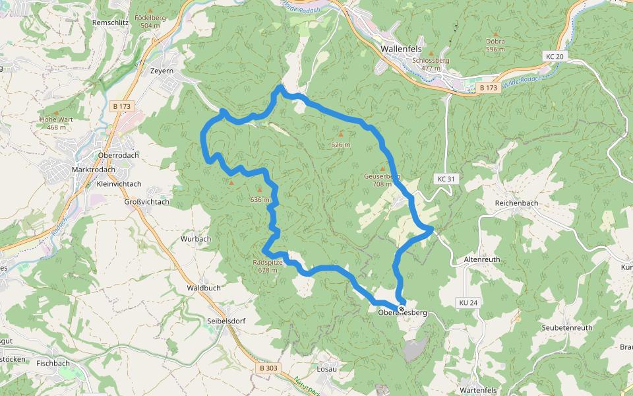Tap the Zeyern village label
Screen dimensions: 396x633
click(162, 70)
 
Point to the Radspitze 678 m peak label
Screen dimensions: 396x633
click(268, 266)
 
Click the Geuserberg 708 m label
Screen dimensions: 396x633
click(382, 180)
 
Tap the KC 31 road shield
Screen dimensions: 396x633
click(446, 179)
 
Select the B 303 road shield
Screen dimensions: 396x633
click(269, 368)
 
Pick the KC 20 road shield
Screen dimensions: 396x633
click(555, 57)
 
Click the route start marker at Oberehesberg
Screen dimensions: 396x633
click(402, 308)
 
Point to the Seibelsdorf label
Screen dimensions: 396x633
click(227, 321)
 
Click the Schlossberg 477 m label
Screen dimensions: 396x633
click(431, 63)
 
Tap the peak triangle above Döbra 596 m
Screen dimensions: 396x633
click(495, 33)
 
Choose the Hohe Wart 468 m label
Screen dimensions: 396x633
click(57, 123)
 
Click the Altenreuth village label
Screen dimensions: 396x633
click(483, 259)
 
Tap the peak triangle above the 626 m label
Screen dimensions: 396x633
click(341, 135)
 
